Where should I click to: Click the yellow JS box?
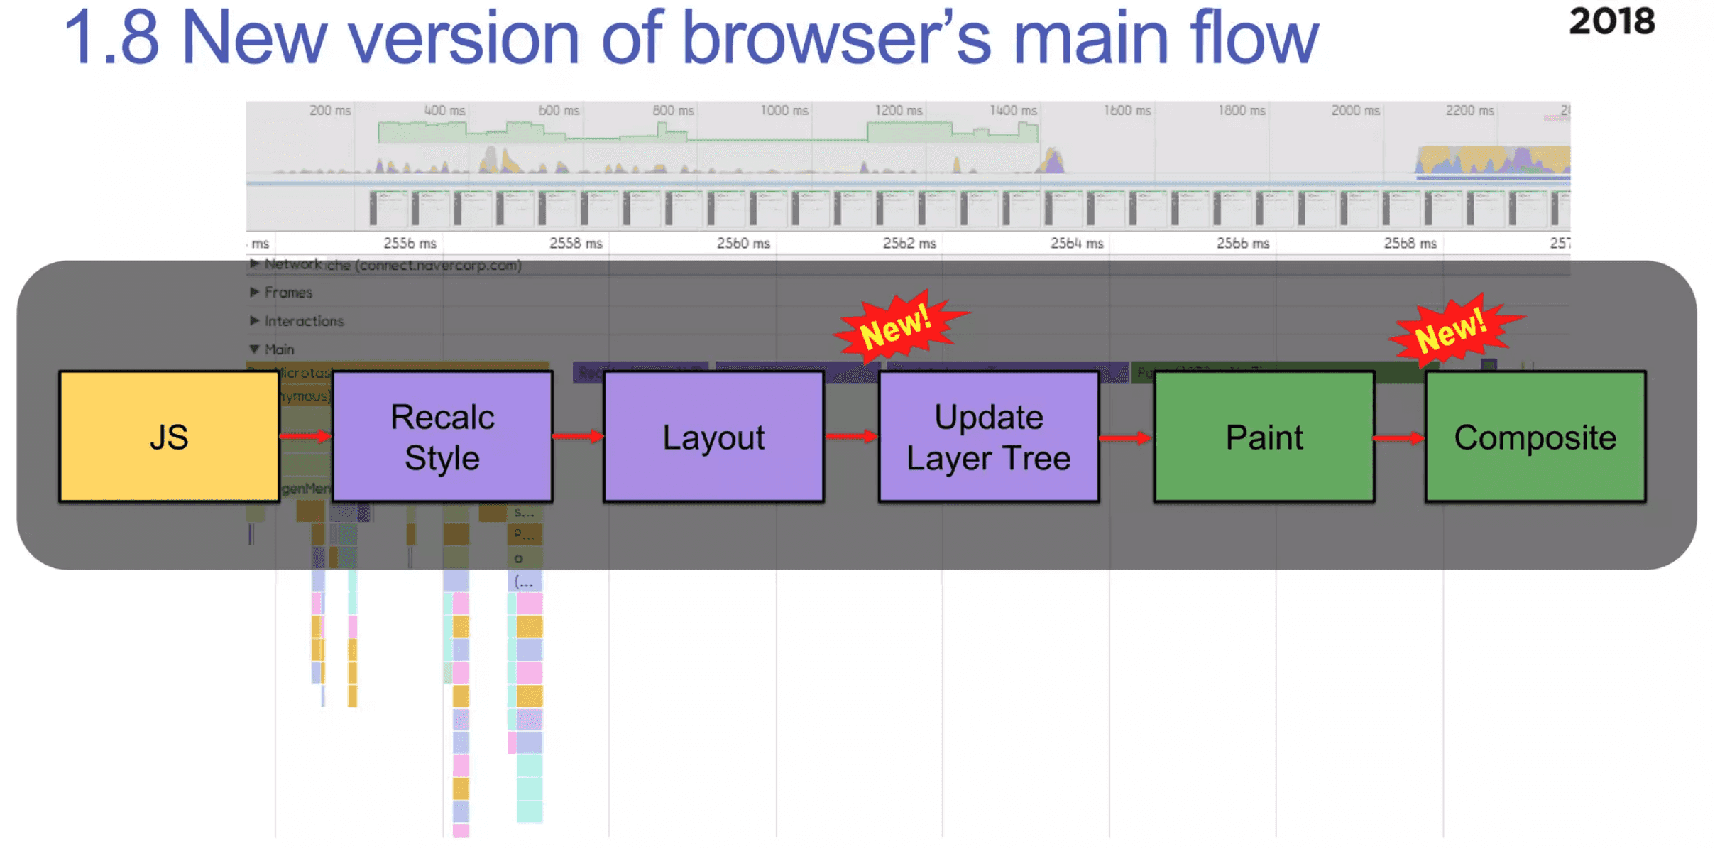[169, 436]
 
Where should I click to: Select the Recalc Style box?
[442, 436]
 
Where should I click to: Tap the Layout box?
[713, 436]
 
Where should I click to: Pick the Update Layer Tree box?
[988, 436]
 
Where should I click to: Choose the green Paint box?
[1264, 436]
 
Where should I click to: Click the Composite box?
[1535, 436]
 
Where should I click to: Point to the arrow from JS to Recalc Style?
[305, 435]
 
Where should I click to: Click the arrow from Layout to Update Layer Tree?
[851, 435]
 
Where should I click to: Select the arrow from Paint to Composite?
[1399, 437]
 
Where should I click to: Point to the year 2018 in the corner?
[1611, 21]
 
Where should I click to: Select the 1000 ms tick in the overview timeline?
[784, 110]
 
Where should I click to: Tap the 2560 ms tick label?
[743, 243]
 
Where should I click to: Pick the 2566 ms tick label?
[1242, 243]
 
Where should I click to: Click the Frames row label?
[288, 292]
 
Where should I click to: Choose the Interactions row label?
[304, 320]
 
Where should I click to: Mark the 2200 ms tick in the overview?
[1469, 110]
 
